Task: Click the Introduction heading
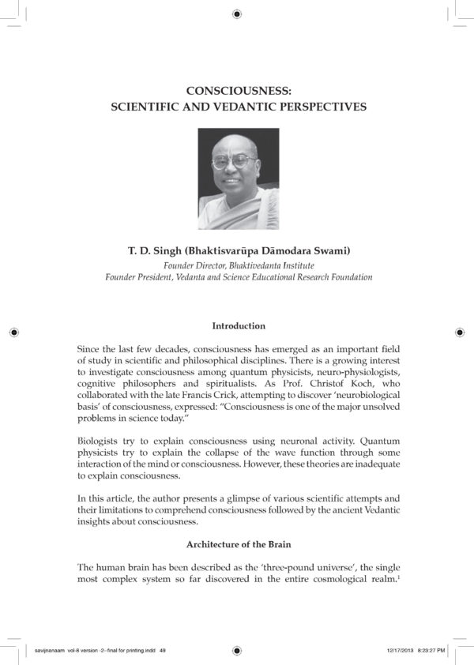point(237,325)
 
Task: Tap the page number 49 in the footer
point(163,650)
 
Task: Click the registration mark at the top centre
point(237,13)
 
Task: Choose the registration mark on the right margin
point(460,332)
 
